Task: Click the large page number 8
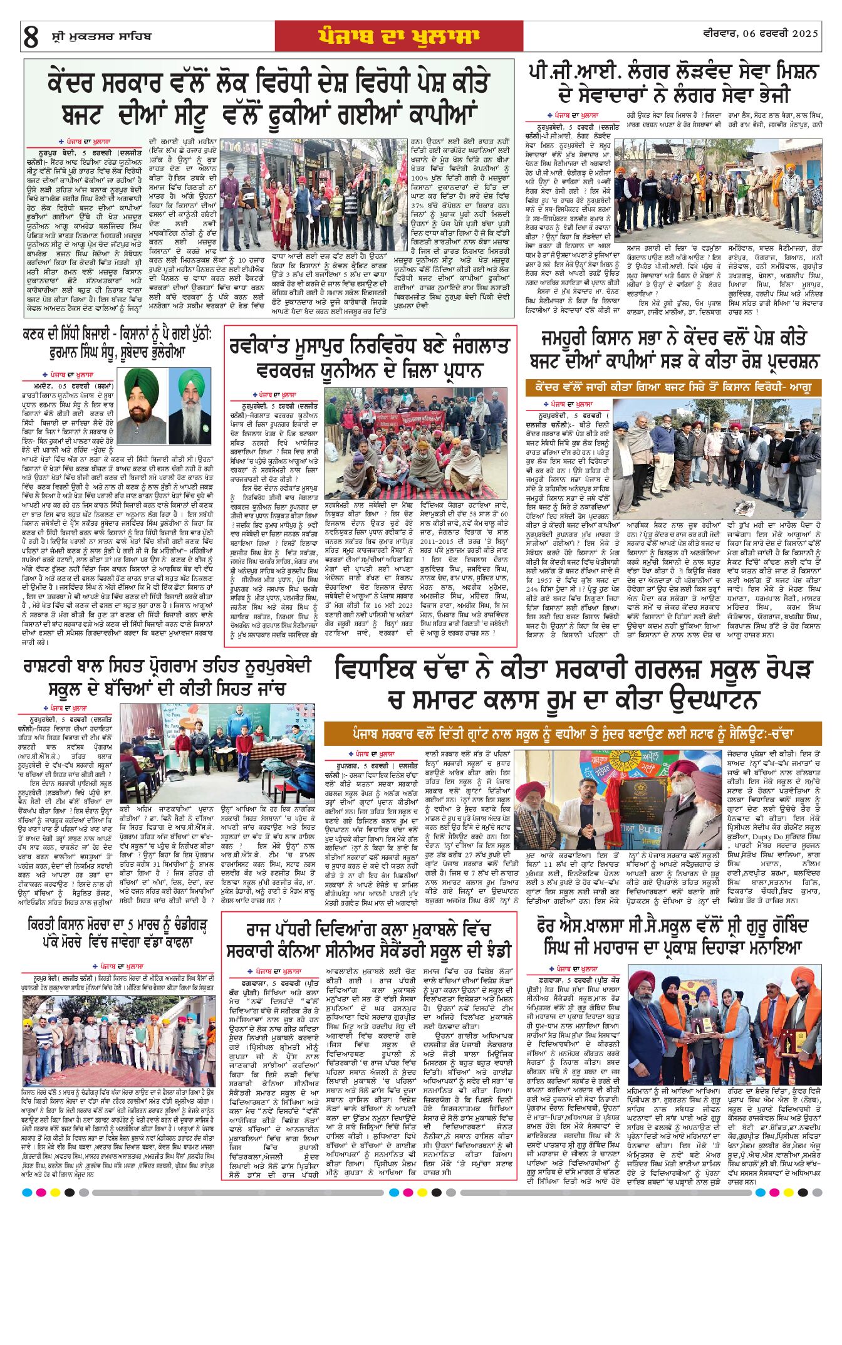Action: coord(31,37)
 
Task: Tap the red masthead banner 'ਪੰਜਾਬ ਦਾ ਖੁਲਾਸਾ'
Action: coord(398,36)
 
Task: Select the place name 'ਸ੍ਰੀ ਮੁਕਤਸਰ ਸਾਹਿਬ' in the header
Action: coord(101,37)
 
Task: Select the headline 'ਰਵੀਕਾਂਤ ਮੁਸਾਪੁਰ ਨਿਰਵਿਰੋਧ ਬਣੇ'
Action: coord(370,358)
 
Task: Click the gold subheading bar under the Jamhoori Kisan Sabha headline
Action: coord(673,387)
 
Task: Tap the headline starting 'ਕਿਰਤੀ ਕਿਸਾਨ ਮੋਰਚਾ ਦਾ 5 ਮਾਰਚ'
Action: coord(117,933)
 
